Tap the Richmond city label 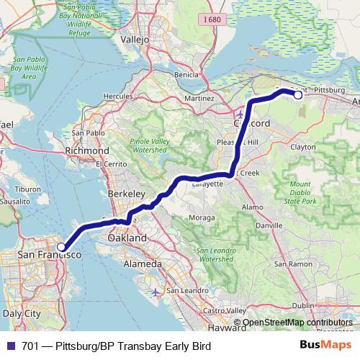(x=86, y=151)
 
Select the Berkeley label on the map (x=126, y=194)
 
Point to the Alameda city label (x=141, y=264)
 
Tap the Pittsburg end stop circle (x=298, y=94)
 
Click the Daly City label (x=22, y=314)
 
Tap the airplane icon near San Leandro (x=158, y=292)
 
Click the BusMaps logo (x=325, y=346)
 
